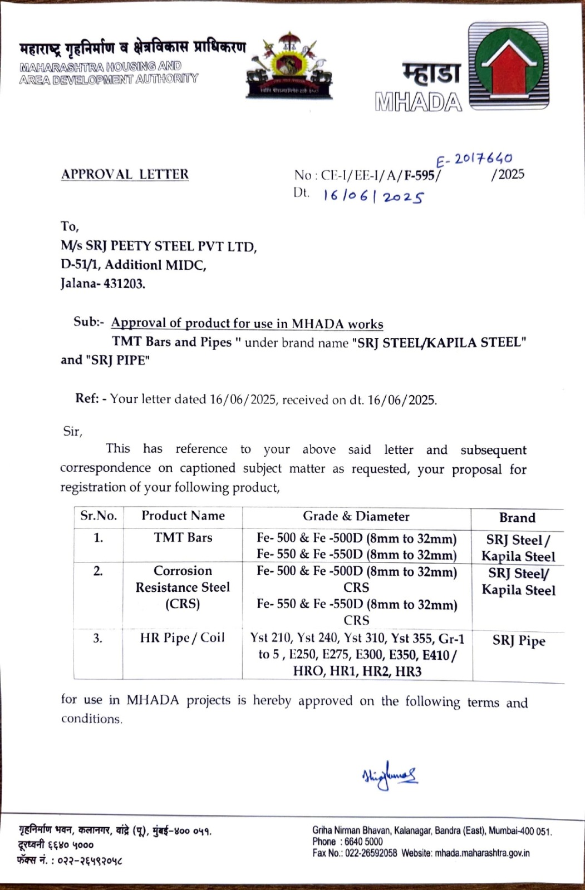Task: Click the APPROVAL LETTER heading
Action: coord(125,174)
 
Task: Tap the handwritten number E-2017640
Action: coord(474,160)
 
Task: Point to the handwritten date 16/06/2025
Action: coord(373,196)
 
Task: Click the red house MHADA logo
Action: coord(508,65)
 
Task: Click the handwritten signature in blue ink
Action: coord(389,775)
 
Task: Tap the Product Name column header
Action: coord(183,516)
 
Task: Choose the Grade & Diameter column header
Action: coord(356,516)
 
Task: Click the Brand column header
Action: coord(517,518)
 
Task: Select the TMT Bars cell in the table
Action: coord(183,537)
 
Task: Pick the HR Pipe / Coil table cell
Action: coord(182,637)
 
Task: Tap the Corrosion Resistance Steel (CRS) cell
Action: coord(183,587)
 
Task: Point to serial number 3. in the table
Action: coord(98,638)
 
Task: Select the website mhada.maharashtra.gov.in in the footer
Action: coord(482,853)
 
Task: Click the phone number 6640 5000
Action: coord(363,842)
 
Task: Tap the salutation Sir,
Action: coord(72,431)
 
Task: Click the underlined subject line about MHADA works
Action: coord(247,323)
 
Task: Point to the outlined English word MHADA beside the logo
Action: coord(419,102)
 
